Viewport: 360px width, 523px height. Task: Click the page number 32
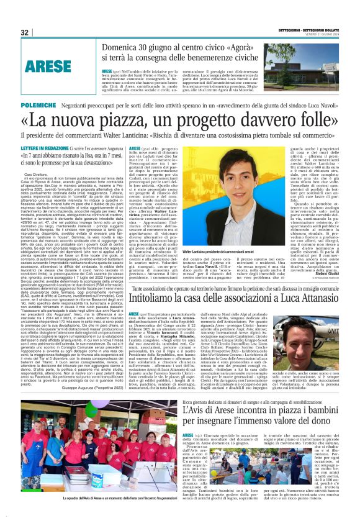25,32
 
